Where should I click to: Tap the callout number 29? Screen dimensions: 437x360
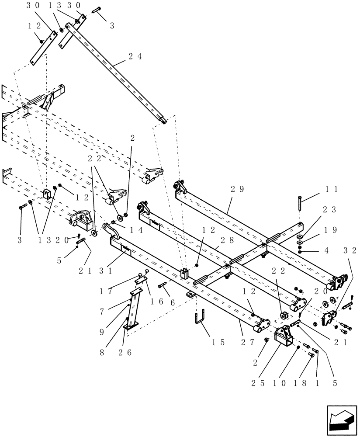coord(237,189)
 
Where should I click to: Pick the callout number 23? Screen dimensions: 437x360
coord(330,209)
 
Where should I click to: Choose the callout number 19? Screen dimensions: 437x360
coord(330,229)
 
